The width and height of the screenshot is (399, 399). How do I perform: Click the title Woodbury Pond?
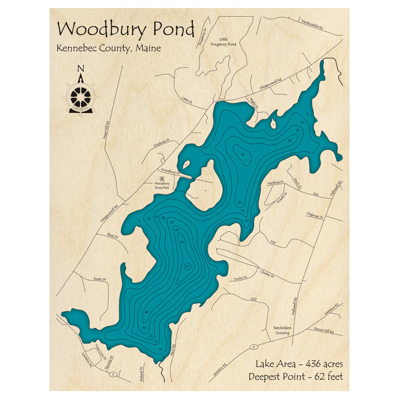126,30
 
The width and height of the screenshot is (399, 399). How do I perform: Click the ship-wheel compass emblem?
81,96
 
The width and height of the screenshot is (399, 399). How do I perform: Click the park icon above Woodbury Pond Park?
162,178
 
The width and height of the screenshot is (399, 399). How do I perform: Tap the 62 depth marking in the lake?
187,266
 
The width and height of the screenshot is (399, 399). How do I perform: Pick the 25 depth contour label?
243,154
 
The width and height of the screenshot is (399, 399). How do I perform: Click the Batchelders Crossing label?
282,330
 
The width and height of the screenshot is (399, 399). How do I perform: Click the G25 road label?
253,298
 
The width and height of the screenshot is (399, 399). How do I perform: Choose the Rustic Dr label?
100,279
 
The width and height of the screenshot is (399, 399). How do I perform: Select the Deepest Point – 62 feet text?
296,376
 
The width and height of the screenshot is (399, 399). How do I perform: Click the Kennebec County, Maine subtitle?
109,48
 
